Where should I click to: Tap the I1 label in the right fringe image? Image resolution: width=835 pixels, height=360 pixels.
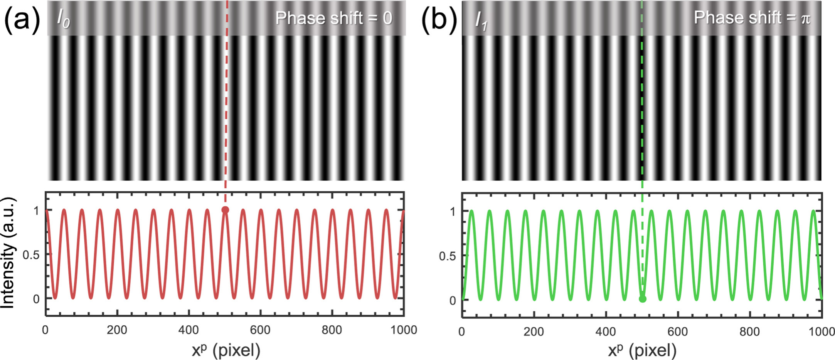pos(481,20)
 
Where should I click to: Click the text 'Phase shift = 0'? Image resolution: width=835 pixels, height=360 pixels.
pos(333,18)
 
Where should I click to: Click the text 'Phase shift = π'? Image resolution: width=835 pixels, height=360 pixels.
pos(752,18)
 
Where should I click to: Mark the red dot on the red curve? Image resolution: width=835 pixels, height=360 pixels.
pos(225,210)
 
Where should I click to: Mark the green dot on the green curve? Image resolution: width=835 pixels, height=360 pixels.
pos(642,299)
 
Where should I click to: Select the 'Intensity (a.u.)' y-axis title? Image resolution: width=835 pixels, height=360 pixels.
pos(8,253)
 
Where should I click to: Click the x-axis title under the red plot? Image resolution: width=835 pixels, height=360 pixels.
pos(226,350)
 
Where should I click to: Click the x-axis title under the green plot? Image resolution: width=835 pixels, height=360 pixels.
pos(642,351)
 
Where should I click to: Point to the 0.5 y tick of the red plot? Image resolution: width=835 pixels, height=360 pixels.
pos(31,255)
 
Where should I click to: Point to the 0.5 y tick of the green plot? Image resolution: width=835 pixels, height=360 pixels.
pos(447,256)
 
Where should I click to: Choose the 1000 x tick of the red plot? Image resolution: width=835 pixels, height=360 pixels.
pos(404,330)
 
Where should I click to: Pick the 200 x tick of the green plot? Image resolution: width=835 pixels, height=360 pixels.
pos(534,331)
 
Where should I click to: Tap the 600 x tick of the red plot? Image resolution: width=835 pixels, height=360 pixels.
pos(260,330)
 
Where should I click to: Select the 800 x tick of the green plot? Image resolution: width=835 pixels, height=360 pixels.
pos(749,331)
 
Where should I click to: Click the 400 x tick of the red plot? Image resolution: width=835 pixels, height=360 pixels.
pos(189,330)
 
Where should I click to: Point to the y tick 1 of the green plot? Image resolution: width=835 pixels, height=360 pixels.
pos(453,212)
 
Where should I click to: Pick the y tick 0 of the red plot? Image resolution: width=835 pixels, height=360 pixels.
pos(36,299)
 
